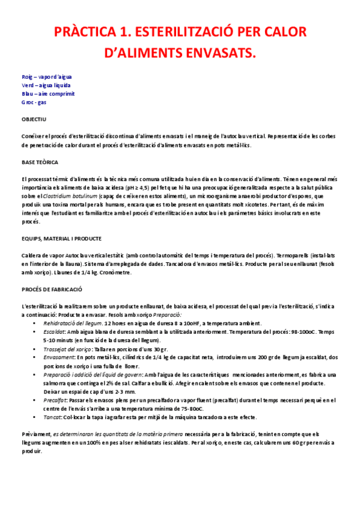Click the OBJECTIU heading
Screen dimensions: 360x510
34,120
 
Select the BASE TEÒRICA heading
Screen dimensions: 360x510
40,163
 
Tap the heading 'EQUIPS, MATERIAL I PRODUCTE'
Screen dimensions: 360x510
61,239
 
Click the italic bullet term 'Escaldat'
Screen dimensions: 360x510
54,331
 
